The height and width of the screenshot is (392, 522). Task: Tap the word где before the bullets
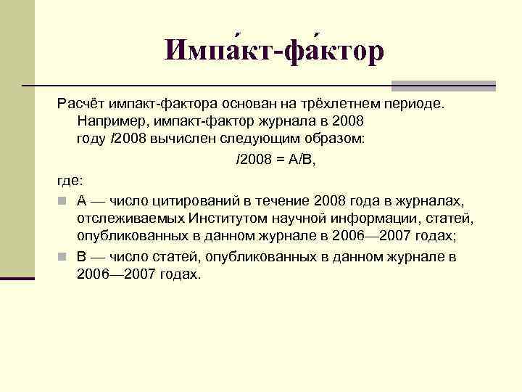(70, 180)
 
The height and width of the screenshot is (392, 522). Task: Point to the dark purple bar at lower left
(17, 277)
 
